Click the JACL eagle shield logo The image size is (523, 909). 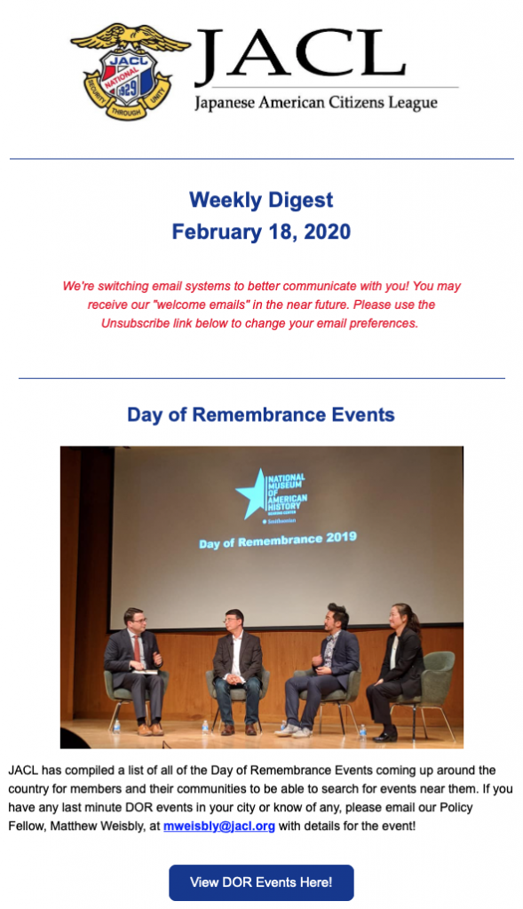pos(130,71)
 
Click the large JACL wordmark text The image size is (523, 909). pos(300,56)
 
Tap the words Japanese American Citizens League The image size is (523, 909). pos(316,103)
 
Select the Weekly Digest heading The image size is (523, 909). pos(261,200)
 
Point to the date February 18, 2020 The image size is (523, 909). pos(261,232)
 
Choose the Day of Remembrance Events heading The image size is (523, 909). pos(261,415)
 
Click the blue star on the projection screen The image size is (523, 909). pos(251,494)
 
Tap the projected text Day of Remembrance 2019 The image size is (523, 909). pos(278,540)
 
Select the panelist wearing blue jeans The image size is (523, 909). pos(238,672)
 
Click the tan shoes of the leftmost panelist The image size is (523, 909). pos(150,729)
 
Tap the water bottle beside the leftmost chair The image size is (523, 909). pos(116,726)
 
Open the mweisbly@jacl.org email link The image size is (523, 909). pos(219,826)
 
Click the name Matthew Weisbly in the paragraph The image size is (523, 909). pos(105,826)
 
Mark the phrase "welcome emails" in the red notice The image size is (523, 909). pos(198,305)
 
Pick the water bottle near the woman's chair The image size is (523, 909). pos(362,731)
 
